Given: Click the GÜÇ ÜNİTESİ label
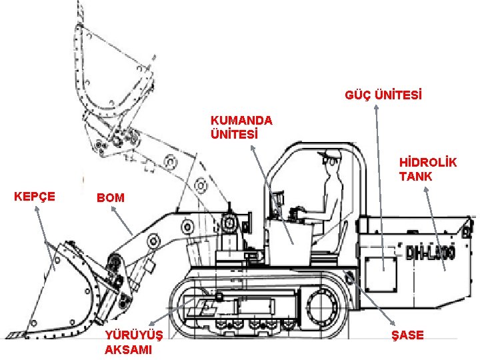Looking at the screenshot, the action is click(383, 95).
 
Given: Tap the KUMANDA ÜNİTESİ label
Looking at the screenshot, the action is click(241, 127).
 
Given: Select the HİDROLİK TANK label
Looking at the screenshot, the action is click(428, 169).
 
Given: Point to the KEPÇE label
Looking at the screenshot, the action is click(35, 196).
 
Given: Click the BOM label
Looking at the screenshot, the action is click(110, 198).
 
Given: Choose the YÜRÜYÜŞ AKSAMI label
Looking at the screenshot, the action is click(129, 343).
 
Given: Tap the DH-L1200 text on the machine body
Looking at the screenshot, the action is click(430, 252).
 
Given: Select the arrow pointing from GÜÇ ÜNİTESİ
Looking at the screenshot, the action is click(379, 187).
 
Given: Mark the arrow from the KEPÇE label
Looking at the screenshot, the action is click(44, 240).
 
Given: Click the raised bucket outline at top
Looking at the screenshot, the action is click(113, 73).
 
